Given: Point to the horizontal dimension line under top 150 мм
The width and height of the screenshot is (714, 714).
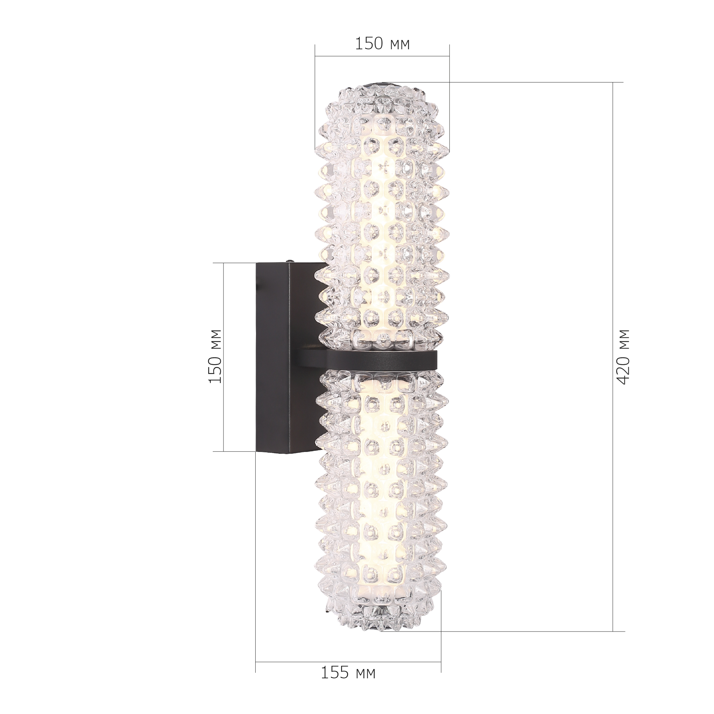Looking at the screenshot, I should coord(382,56).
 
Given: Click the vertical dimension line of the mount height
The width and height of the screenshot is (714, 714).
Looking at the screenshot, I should coord(223,357).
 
